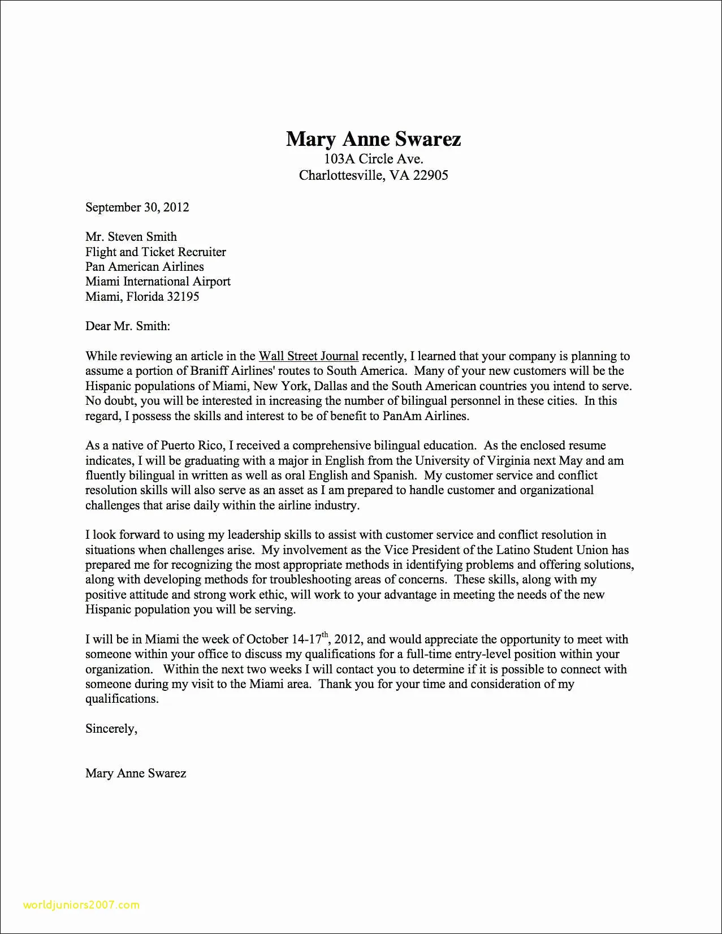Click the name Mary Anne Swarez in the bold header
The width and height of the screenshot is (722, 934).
pos(373,139)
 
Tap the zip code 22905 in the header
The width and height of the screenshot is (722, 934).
pos(430,175)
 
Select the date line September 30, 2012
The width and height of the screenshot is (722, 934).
pos(137,207)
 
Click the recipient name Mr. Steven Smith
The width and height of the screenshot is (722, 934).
pos(131,236)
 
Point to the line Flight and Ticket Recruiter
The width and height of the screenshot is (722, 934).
pos(155,252)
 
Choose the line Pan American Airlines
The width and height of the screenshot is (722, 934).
pos(144,266)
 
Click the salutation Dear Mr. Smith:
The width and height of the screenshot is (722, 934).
pos(127,326)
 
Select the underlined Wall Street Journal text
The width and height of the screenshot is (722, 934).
pos(308,356)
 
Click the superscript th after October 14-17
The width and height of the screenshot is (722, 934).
pos(325,635)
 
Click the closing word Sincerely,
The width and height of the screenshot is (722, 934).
pos(111,729)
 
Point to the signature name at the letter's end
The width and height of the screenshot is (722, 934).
pos(136,773)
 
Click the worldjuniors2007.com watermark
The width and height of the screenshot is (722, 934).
pos(81,905)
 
